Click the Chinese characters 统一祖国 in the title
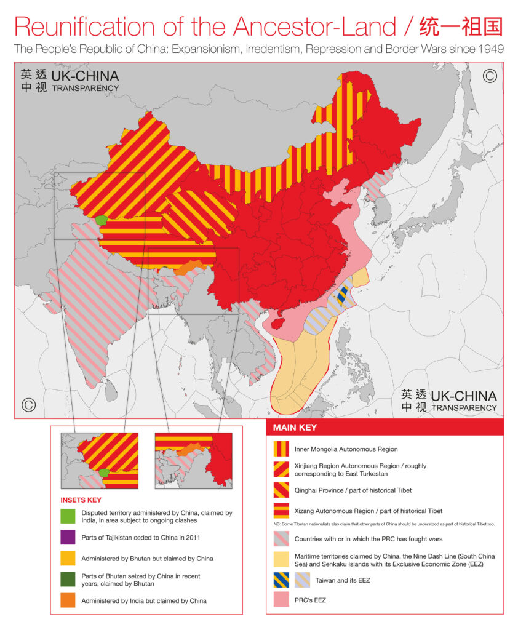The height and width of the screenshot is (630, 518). tap(460, 26)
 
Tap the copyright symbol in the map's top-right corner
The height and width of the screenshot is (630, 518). tap(490, 76)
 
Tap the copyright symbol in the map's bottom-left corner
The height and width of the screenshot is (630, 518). tap(28, 405)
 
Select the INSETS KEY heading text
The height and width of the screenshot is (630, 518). tap(82, 500)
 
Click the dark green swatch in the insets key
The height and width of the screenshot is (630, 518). tap(68, 579)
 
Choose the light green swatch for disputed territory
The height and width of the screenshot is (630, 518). tap(68, 516)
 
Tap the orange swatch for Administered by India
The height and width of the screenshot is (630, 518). tap(68, 600)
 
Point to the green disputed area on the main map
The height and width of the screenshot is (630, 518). tap(102, 220)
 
